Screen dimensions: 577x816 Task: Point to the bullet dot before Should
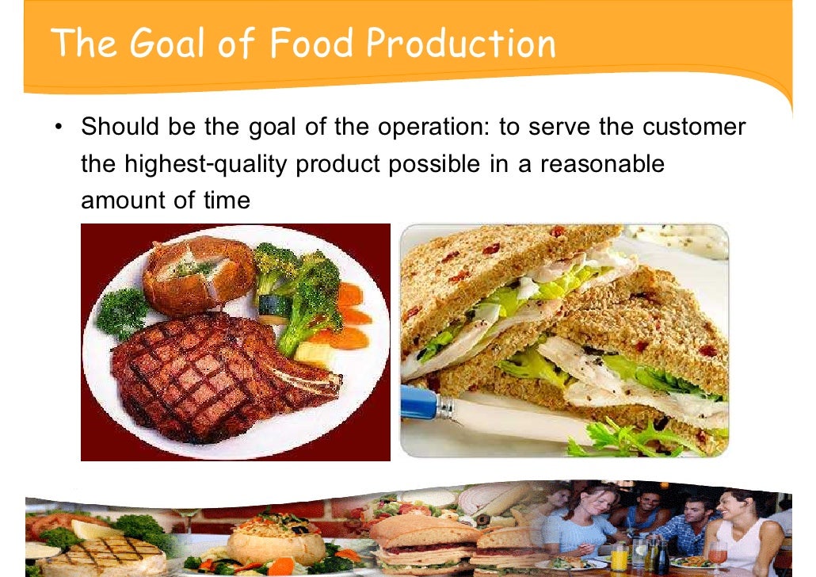59,128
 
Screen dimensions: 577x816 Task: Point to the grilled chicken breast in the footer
107,555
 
